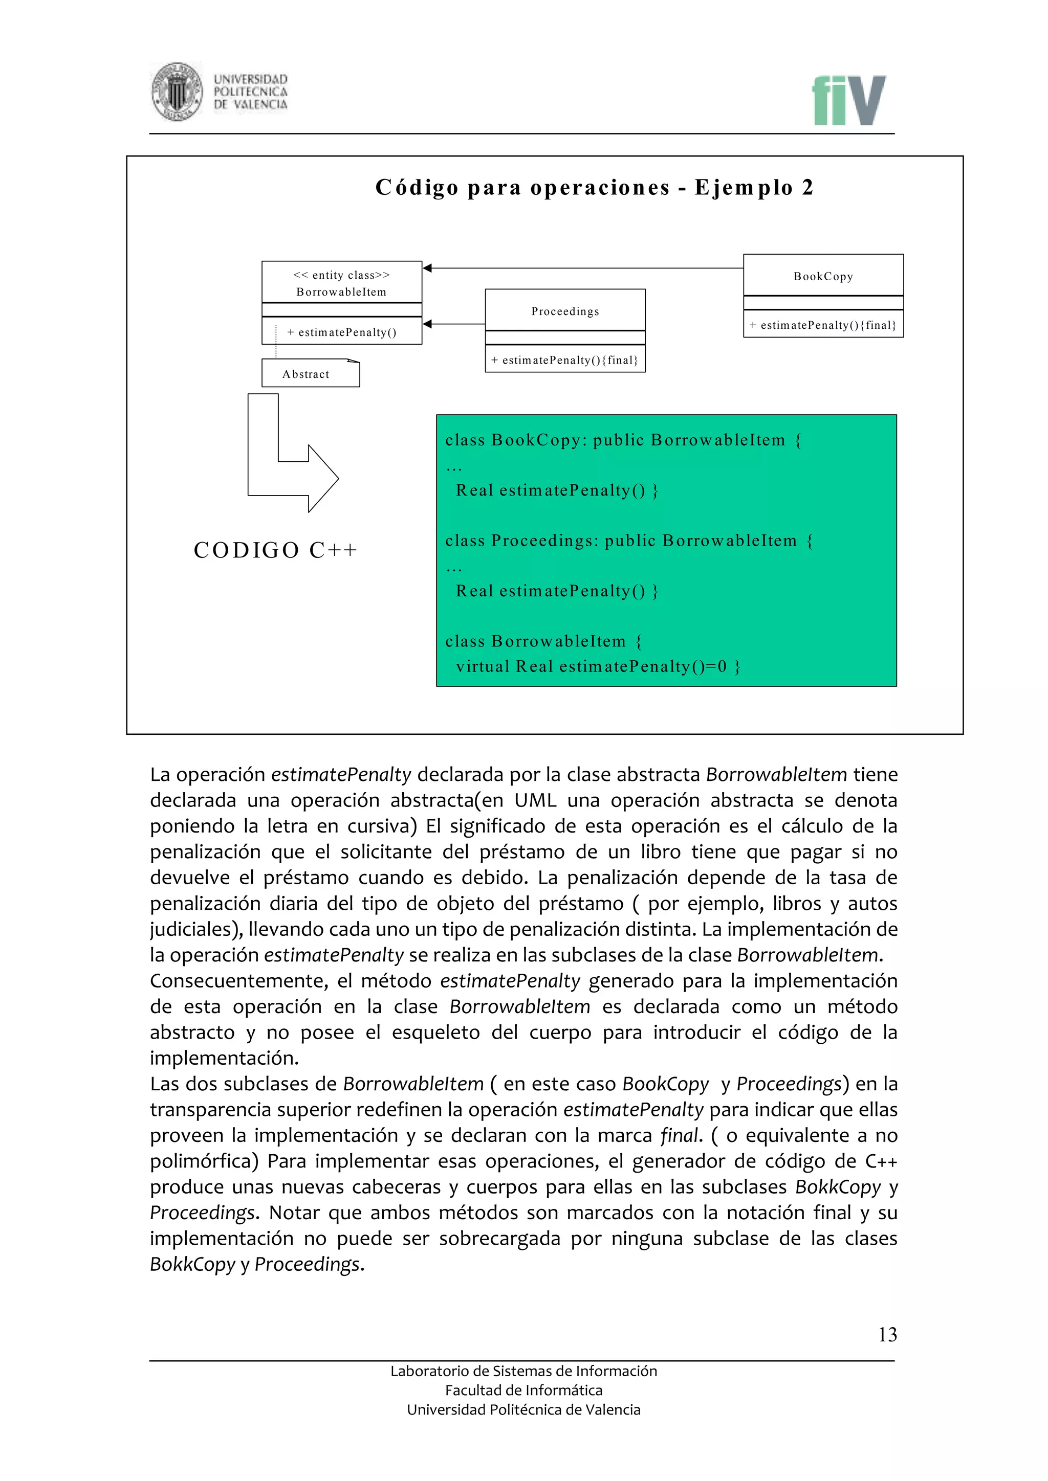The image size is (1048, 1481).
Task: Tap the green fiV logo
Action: tap(848, 101)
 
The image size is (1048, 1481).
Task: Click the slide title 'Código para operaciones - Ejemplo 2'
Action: tap(594, 188)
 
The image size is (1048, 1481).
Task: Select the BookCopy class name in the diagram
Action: tap(823, 276)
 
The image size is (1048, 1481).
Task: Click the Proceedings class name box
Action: tap(564, 311)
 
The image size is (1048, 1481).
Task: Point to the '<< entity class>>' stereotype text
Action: tap(341, 275)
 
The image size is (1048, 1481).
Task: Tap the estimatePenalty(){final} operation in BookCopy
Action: tap(823, 325)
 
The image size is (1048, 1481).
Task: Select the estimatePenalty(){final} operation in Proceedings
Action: tap(564, 360)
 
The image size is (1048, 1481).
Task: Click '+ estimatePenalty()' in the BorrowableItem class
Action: tap(341, 332)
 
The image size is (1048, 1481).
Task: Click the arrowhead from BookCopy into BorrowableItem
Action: tap(428, 267)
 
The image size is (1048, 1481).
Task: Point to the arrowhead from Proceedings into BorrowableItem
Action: tap(428, 324)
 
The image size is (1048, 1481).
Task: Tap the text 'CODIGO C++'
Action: tap(275, 550)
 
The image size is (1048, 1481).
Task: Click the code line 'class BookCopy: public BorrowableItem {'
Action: tap(623, 440)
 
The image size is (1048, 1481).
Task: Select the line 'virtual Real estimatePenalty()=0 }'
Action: tap(598, 666)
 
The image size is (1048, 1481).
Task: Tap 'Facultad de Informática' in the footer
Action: tap(523, 1390)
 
